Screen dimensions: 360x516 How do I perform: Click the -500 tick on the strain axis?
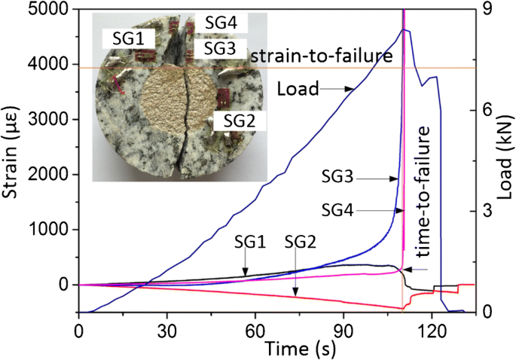click(53, 312)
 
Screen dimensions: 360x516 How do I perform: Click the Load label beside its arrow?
click(296, 89)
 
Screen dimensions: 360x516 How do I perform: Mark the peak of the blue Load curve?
click(405, 29)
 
